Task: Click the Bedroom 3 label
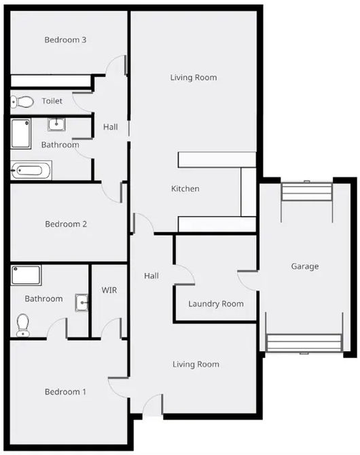click(x=65, y=40)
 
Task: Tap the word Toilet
click(x=52, y=101)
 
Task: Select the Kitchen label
click(x=185, y=189)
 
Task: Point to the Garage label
click(x=304, y=267)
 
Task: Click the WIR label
click(x=109, y=291)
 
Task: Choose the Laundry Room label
click(x=216, y=304)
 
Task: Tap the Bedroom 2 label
click(x=65, y=224)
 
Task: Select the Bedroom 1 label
click(x=65, y=392)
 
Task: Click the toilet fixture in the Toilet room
click(x=22, y=102)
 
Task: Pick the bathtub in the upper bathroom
click(x=31, y=170)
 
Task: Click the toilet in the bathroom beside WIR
click(x=22, y=324)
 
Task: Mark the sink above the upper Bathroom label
click(x=56, y=124)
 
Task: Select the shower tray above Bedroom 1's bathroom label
click(x=26, y=275)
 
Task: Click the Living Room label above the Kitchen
click(x=194, y=77)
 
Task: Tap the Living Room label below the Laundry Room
click(x=196, y=365)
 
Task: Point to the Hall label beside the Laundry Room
click(x=151, y=276)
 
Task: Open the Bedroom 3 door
click(x=117, y=65)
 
